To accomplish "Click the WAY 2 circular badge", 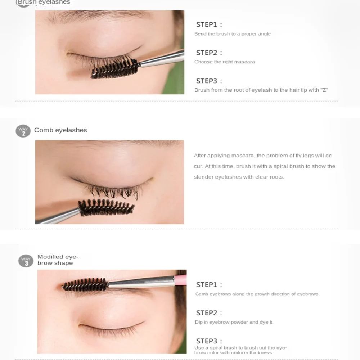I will (23, 131).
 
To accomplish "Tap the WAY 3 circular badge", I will (26, 261).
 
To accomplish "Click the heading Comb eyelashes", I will (60, 130).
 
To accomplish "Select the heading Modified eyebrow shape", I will (58, 260).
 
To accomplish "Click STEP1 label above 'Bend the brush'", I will (209, 25).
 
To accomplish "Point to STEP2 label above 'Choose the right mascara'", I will (209, 53).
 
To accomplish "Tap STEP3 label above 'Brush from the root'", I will (209, 81).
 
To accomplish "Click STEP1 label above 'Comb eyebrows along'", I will (209, 285).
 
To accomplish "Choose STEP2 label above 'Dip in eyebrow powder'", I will (209, 313).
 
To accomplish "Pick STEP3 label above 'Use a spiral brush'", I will (209, 341).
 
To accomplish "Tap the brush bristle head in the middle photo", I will (106, 208).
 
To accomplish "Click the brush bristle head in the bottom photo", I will (85, 284).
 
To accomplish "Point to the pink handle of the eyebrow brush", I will (181, 279).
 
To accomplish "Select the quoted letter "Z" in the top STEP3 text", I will (324, 90).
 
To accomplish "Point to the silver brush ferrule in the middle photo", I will (58, 216).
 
